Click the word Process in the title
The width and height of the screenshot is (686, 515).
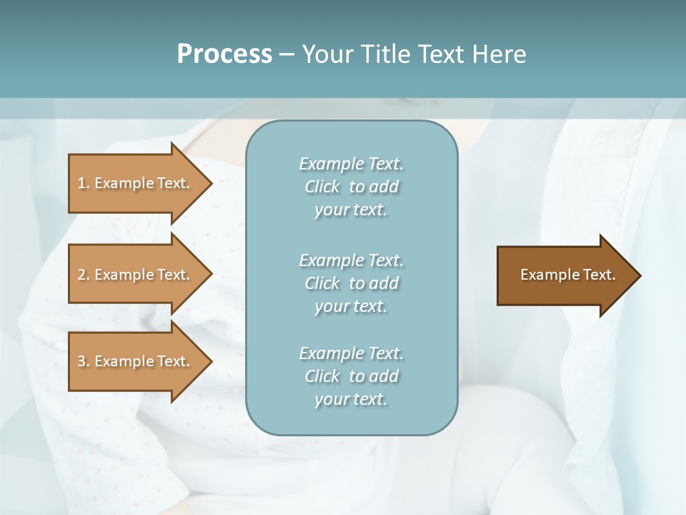pos(224,54)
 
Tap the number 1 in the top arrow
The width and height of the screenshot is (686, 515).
pos(81,183)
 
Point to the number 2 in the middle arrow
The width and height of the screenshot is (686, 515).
pos(81,275)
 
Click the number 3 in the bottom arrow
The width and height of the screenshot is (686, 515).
pos(81,361)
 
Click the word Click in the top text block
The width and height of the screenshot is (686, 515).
pos(322,187)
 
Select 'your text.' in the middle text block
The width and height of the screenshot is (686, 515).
pos(351,306)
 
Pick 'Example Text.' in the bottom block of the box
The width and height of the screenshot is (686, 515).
pos(351,353)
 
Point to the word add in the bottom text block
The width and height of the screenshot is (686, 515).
pos(384,376)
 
